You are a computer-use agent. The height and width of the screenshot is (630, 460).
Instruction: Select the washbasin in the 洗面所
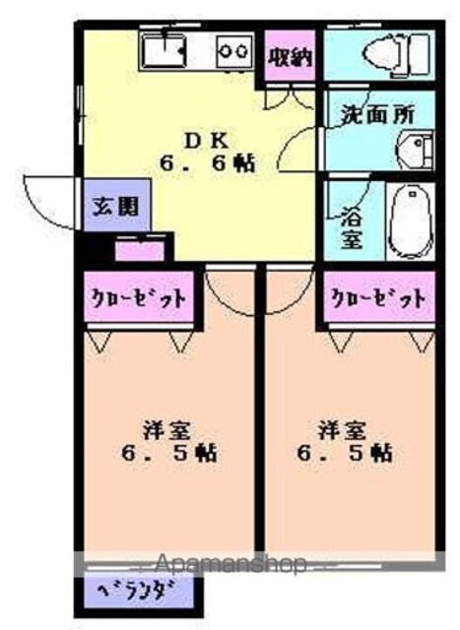(416, 149)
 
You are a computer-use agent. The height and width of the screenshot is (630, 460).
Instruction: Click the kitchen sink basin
(164, 51)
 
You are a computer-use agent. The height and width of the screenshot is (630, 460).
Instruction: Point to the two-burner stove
(234, 51)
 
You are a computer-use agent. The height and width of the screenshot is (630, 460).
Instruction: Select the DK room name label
(207, 141)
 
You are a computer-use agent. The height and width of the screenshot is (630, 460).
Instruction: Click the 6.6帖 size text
(208, 164)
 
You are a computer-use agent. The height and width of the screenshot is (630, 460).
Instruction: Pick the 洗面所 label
(378, 114)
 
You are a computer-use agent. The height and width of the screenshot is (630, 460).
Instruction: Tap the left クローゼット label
(139, 298)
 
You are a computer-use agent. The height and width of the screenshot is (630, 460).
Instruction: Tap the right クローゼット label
(379, 298)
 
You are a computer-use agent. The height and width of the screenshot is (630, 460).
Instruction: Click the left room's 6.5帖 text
(168, 453)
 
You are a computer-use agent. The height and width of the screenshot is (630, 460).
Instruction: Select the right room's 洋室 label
(342, 430)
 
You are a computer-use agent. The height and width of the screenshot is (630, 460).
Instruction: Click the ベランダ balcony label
(137, 591)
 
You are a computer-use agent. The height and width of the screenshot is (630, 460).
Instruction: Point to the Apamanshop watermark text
(230, 564)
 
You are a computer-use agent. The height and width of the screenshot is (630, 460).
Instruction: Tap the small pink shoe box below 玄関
(140, 250)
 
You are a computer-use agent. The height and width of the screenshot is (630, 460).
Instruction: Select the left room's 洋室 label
(166, 430)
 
